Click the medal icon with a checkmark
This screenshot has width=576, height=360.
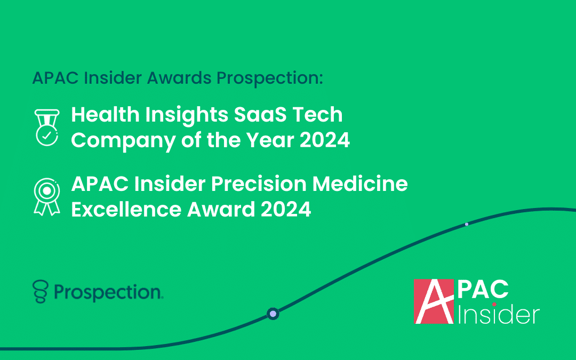pyautogui.click(x=46, y=127)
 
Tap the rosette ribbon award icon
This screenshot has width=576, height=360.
pyautogui.click(x=46, y=196)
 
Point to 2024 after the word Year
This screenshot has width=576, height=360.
pyautogui.click(x=325, y=140)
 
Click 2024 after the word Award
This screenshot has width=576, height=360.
pyautogui.click(x=286, y=209)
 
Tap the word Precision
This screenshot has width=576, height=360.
pyautogui.click(x=259, y=183)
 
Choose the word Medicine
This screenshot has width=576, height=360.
pyautogui.click(x=360, y=183)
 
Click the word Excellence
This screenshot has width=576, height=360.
pyautogui.click(x=126, y=209)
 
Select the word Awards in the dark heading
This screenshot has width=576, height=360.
pyautogui.click(x=179, y=77)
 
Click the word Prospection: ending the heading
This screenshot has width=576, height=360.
pyautogui.click(x=270, y=78)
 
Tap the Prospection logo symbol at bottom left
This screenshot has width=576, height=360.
pyautogui.click(x=41, y=291)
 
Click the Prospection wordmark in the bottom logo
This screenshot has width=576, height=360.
pyautogui.click(x=108, y=293)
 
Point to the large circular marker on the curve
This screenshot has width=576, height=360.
pyautogui.click(x=273, y=314)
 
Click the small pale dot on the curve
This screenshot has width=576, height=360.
pyautogui.click(x=467, y=224)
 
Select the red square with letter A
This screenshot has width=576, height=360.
pyautogui.click(x=434, y=301)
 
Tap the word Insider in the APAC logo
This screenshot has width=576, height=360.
pyautogui.click(x=499, y=315)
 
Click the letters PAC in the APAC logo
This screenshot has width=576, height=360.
pyautogui.click(x=483, y=290)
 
